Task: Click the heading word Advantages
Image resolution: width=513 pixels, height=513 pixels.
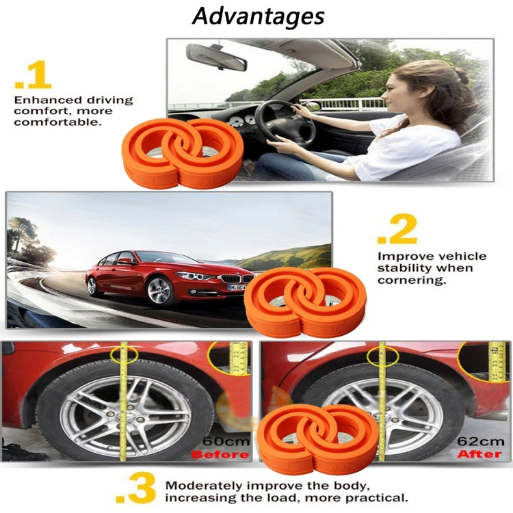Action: [x=258, y=16]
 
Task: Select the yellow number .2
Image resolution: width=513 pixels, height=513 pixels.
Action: [x=397, y=232]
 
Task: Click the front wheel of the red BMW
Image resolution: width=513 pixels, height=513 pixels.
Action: [x=158, y=290]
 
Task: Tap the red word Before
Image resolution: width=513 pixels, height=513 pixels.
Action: [x=220, y=454]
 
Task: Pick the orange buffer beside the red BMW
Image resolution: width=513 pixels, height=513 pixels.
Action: [x=306, y=302]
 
